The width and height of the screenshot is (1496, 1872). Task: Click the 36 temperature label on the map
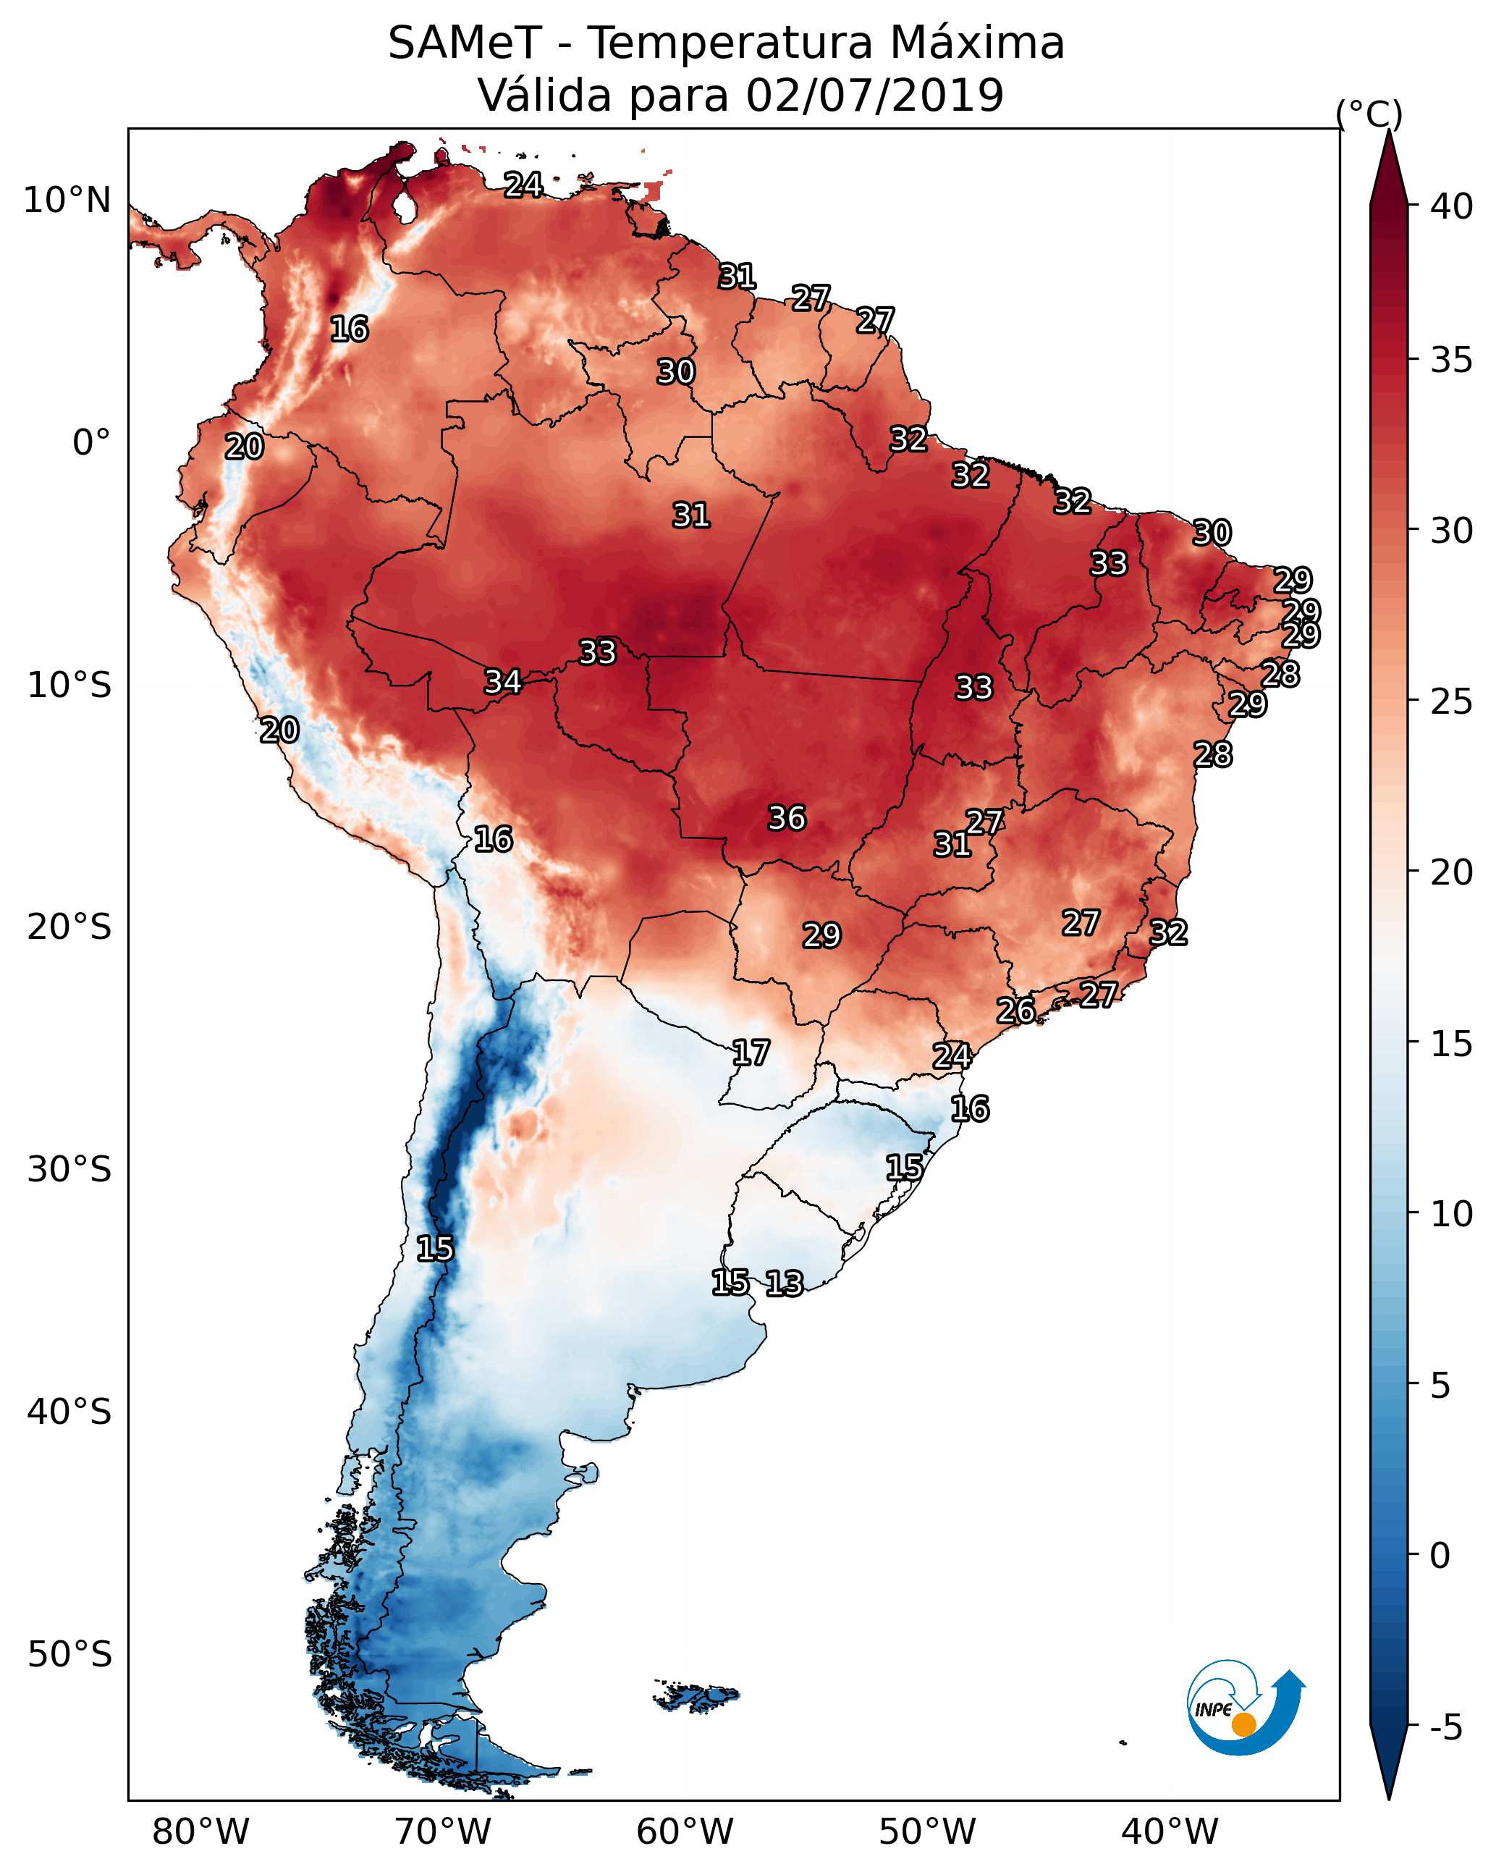787,818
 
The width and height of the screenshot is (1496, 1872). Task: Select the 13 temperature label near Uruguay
784,1283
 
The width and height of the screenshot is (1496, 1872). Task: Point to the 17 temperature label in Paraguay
750,1053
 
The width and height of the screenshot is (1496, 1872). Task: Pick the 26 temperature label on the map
1015,1011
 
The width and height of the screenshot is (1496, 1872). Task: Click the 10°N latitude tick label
67,201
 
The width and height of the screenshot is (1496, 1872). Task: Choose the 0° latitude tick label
91,443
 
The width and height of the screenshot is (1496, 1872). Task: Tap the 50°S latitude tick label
69,1654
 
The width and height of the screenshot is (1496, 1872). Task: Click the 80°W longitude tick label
200,1832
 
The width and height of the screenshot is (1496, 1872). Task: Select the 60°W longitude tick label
685,1832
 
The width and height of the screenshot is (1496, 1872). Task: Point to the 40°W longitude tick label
1170,1832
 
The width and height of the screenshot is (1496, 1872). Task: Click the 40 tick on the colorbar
1452,206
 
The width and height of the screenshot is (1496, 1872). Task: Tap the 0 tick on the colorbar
1440,1555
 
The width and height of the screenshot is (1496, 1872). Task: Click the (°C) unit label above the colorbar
1369,114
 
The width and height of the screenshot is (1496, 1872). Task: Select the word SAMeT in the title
465,43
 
